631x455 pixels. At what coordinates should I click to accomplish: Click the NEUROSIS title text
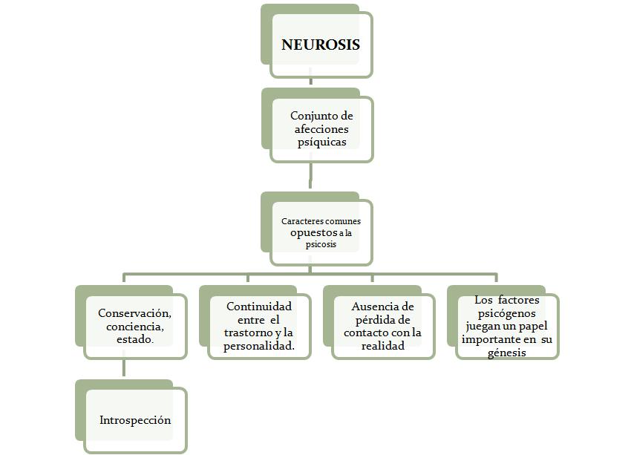321,45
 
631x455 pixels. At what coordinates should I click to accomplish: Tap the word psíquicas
321,141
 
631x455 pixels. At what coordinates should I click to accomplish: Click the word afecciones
321,128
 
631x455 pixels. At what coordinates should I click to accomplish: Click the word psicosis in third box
321,244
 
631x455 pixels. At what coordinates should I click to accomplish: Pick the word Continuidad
259,306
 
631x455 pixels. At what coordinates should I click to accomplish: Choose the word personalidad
259,346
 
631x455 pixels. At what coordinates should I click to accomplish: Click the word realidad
383,346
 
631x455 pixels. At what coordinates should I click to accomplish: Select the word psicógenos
507,313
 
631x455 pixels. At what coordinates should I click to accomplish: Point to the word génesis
507,353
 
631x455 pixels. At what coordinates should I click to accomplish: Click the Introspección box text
135,420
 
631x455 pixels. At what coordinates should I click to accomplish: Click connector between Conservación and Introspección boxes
124,368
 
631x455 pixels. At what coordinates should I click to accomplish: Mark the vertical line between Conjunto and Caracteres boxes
310,177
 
